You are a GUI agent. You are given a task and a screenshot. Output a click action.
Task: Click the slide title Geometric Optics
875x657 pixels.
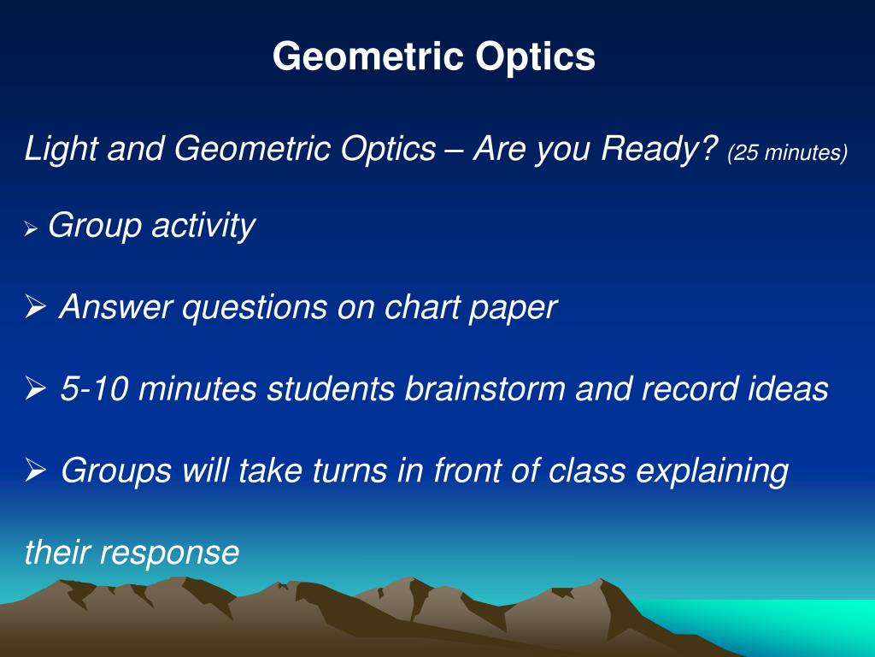pyautogui.click(x=434, y=57)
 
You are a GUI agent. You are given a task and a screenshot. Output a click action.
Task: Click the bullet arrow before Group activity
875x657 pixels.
pyautogui.click(x=32, y=229)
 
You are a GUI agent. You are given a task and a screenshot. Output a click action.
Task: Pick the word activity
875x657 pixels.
pyautogui.click(x=203, y=227)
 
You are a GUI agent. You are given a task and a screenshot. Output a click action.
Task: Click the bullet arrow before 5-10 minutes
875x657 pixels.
pyautogui.click(x=35, y=389)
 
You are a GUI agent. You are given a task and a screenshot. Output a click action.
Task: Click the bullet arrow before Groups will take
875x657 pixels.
pyautogui.click(x=35, y=471)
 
